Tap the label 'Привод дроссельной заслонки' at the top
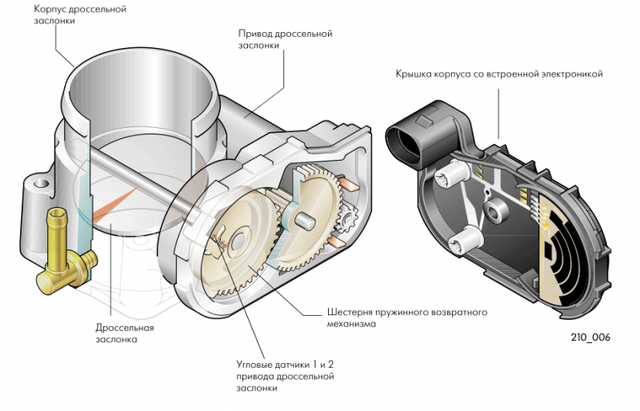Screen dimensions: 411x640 pos(285,40)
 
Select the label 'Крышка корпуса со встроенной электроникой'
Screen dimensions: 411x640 pos(498,74)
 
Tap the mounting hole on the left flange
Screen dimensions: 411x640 pos(38,186)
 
